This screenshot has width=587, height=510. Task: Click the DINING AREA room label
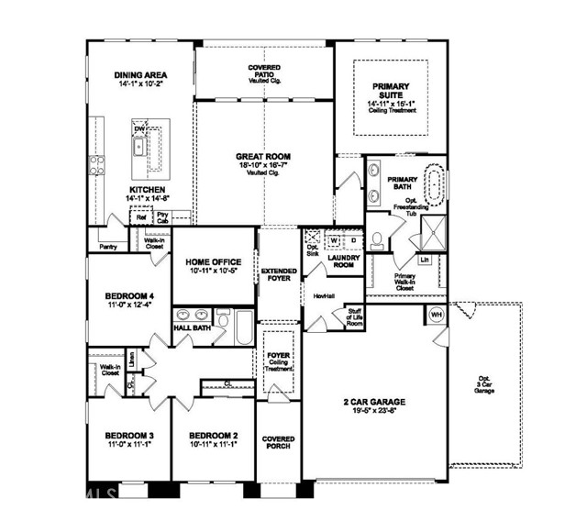click(140, 76)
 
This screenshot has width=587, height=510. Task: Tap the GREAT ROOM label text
click(263, 158)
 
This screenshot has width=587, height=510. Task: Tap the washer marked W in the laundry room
click(334, 241)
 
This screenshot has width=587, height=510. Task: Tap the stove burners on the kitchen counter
click(95, 166)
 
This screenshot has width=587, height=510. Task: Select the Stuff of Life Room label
click(354, 318)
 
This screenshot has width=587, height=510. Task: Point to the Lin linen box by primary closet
click(424, 260)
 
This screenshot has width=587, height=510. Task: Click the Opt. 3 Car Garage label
click(483, 385)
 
